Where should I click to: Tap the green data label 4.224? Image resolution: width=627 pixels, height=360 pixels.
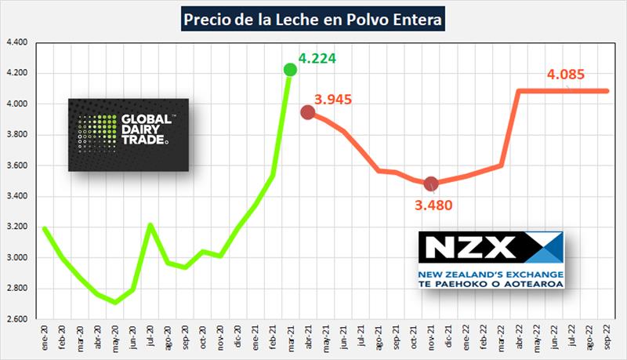[320, 58]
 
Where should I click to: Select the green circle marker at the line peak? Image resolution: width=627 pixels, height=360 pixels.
[290, 70]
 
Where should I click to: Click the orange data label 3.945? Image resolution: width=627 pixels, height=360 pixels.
[333, 100]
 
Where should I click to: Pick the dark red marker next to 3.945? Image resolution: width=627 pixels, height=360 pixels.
[308, 112]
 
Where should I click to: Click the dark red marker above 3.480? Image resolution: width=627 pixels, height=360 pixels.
[430, 184]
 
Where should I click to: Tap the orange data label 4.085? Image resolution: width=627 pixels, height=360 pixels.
[567, 76]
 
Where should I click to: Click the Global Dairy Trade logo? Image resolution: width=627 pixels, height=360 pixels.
[129, 134]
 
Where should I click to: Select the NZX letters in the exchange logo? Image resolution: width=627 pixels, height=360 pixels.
[468, 247]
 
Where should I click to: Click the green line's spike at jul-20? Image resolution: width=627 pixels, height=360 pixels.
[150, 225]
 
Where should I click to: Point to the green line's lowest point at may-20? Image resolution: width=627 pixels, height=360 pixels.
[115, 303]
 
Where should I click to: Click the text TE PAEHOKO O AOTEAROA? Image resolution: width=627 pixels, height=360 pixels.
[491, 283]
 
